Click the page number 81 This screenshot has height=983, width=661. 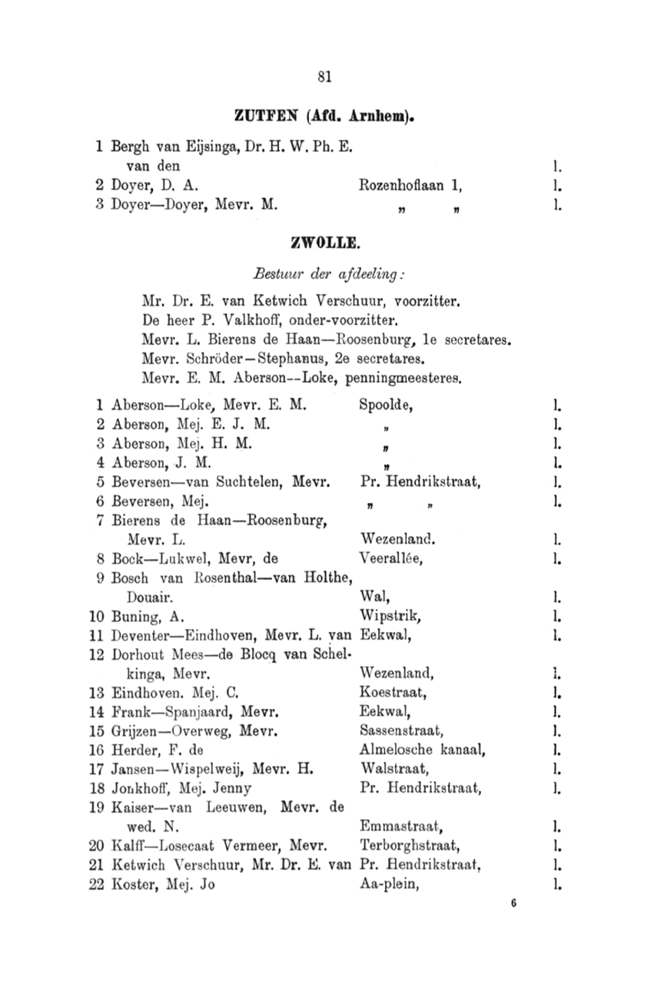[x=324, y=76]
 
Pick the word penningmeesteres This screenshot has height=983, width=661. [x=404, y=378]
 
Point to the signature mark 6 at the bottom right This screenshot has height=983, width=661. [x=511, y=904]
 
